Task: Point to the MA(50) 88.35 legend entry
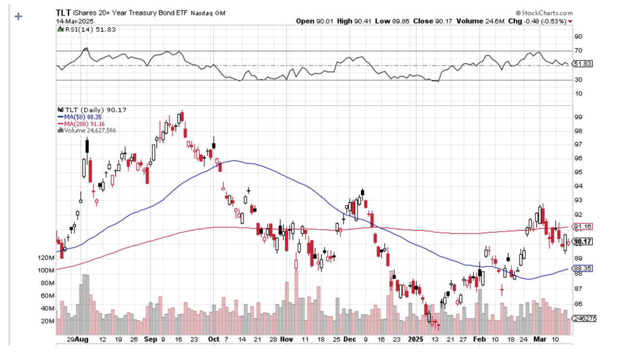(79, 117)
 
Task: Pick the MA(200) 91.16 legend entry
(81, 123)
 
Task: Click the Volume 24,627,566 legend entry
(87, 130)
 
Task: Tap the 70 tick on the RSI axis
(578, 51)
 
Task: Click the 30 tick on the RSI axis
(578, 80)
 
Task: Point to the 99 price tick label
(578, 117)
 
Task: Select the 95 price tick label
(578, 173)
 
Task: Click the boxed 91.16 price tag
(582, 226)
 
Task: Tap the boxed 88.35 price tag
(582, 269)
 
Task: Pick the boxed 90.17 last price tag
(582, 241)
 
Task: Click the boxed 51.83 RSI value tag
(582, 64)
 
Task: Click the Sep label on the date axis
(151, 340)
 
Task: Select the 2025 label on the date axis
(415, 340)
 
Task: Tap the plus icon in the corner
(18, 16)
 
